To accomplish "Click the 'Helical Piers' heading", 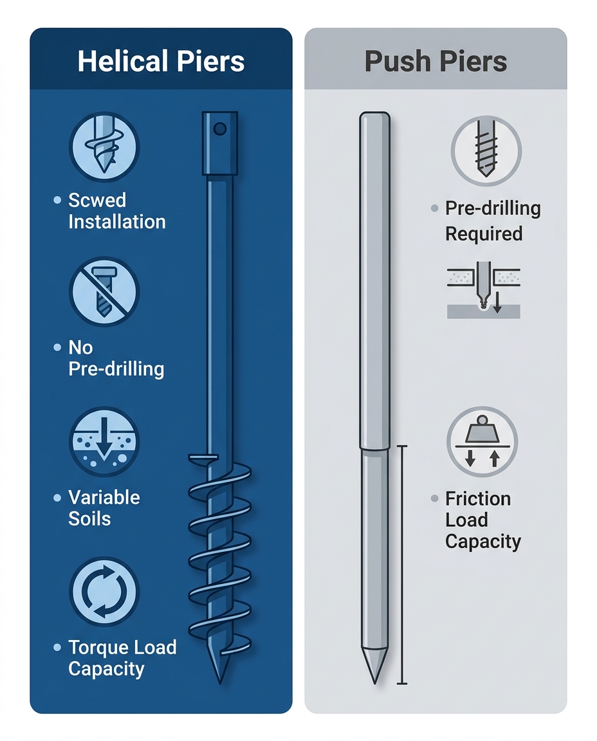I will pos(161,62).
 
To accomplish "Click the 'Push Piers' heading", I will pos(436,62).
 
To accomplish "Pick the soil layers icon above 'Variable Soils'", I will pos(104,441).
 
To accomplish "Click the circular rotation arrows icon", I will pos(104,591).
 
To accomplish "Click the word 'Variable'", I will pos(104,497).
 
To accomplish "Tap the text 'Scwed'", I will pos(97,200).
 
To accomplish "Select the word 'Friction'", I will pos(478,499).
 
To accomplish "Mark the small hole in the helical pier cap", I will pos(219,129).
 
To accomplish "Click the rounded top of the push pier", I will pos(374,116).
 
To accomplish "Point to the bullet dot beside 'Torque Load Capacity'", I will pos(57,648).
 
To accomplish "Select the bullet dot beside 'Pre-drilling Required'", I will pos(434,209).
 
